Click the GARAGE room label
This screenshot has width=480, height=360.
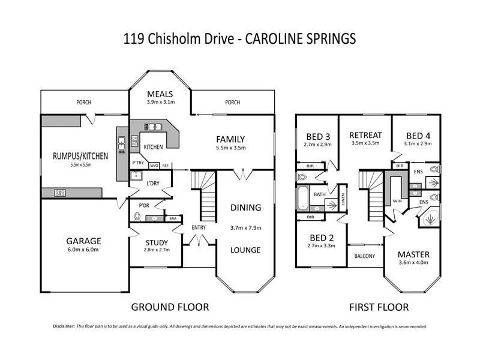(x=83, y=241)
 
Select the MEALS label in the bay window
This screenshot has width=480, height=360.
(x=160, y=94)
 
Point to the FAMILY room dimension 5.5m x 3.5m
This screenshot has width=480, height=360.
(x=230, y=148)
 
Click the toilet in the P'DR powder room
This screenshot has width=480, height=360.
(x=137, y=218)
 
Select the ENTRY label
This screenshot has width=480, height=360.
(x=199, y=227)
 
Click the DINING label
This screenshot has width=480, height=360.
(x=245, y=208)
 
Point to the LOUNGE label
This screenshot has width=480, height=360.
(x=245, y=250)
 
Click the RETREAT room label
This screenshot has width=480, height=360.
(x=365, y=134)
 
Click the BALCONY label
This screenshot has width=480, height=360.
(x=364, y=256)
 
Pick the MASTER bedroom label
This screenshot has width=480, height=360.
(x=413, y=254)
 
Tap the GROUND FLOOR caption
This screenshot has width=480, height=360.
(x=170, y=307)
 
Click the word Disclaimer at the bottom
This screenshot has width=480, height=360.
(x=64, y=327)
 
